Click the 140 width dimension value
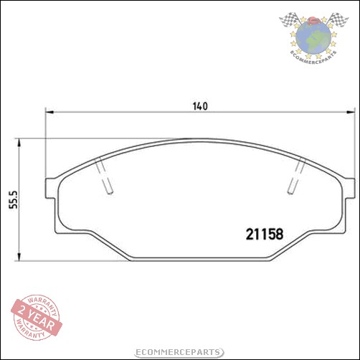pyautogui.click(x=199, y=107)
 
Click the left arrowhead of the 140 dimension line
pyautogui.click(x=49, y=112)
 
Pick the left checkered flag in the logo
pyautogui.click(x=288, y=22)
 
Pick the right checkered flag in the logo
pyautogui.click(x=336, y=22)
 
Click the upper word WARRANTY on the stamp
pyautogui.click(x=39, y=302)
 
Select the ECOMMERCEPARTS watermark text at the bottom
pyautogui.click(x=179, y=350)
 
